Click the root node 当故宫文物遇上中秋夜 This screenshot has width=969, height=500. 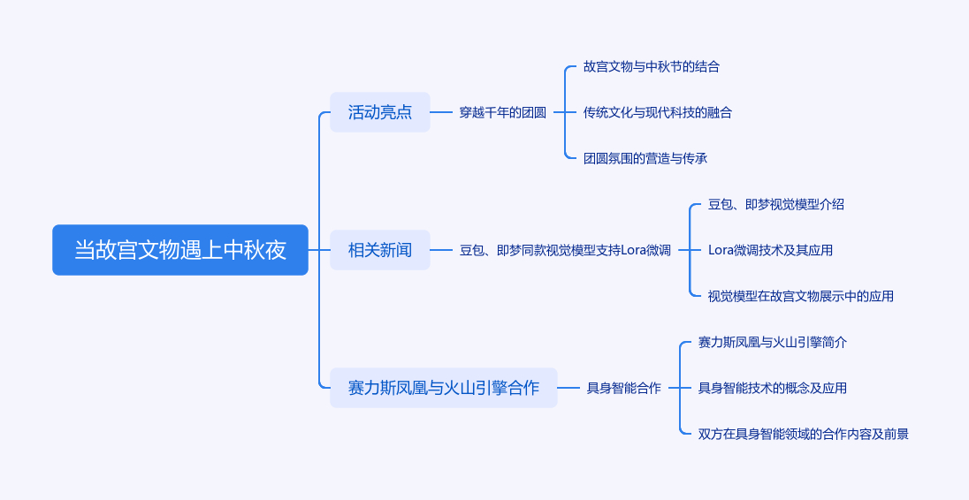[x=180, y=250]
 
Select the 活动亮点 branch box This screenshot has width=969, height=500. [x=380, y=112]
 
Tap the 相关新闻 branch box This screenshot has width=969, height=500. [x=380, y=250]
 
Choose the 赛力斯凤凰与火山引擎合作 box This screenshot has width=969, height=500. [x=444, y=388]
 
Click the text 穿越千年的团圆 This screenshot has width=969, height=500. [x=502, y=112]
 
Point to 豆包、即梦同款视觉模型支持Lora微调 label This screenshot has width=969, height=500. [x=565, y=250]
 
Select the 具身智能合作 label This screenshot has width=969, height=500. [x=623, y=388]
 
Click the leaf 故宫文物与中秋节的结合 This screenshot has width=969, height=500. [x=652, y=66]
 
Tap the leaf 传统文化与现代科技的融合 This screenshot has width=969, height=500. [x=658, y=112]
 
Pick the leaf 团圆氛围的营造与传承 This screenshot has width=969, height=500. [x=645, y=158]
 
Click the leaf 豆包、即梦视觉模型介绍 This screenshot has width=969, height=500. [x=776, y=204]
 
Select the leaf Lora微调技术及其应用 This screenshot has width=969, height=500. [x=770, y=250]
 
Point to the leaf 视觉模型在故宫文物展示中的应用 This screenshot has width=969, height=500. [x=801, y=296]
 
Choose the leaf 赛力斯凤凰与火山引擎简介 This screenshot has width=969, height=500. [x=773, y=342]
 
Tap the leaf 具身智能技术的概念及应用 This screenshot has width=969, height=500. [x=773, y=388]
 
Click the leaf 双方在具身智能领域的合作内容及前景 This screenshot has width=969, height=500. [x=804, y=434]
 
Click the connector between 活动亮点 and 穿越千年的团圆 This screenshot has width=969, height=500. [x=441, y=112]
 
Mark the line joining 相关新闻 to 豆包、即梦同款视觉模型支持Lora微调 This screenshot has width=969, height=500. [x=441, y=250]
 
